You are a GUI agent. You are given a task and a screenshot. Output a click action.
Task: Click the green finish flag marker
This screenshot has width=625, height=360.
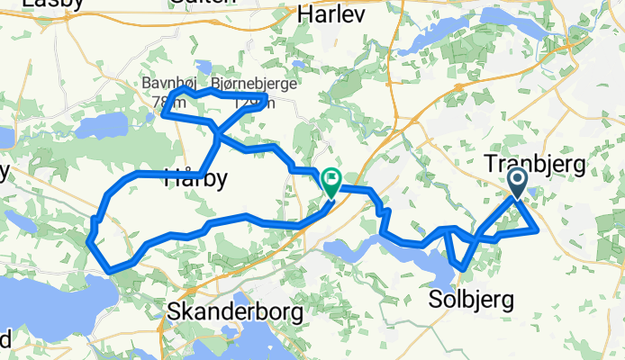coord(331,182)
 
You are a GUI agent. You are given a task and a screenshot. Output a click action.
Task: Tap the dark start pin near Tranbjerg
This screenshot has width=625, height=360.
coord(519,183)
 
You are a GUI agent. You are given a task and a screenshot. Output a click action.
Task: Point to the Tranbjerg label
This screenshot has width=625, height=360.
coord(534,164)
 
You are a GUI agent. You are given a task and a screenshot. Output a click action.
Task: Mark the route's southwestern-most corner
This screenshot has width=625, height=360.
coord(109,268)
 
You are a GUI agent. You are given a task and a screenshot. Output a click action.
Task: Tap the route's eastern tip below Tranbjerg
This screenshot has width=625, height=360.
coord(538,230)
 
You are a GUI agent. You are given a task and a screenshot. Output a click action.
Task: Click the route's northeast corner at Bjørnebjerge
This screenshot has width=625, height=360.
coord(265,95)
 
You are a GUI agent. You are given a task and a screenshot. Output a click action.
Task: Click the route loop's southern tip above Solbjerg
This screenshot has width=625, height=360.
coord(462,267)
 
